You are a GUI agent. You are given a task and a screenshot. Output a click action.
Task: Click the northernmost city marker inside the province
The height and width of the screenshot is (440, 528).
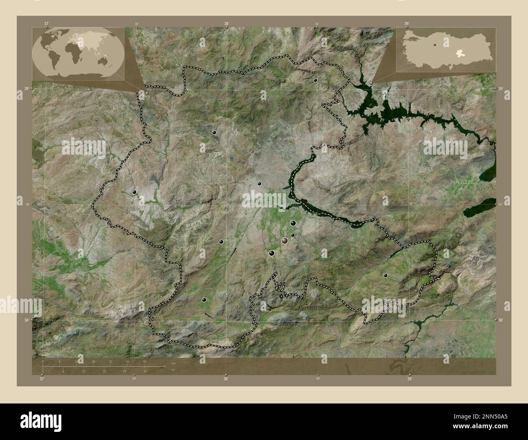pyautogui.click(x=315, y=80)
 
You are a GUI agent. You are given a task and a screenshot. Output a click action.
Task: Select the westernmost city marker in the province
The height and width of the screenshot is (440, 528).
pyautogui.click(x=134, y=192)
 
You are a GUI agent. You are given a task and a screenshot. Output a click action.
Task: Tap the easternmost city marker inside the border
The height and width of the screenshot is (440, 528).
pyautogui.click(x=385, y=276)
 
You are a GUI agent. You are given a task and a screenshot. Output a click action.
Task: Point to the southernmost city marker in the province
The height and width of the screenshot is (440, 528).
pyautogui.click(x=204, y=300)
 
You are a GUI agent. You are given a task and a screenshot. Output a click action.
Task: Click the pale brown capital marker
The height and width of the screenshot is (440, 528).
pyautogui.click(x=285, y=241)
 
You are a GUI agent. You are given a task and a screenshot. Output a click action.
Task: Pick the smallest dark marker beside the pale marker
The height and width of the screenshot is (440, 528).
pyautogui.click(x=292, y=235)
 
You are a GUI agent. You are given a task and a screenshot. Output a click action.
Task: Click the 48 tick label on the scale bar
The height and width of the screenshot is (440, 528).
pyautogui.click(x=145, y=361)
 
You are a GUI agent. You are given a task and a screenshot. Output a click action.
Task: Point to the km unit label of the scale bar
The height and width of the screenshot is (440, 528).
pyautogui.click(x=173, y=363)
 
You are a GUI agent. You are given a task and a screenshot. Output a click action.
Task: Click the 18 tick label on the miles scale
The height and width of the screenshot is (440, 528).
pyautogui.click(x=104, y=371)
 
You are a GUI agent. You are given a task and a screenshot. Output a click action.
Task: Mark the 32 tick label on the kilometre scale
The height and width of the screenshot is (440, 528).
pyautogui.click(x=110, y=361)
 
